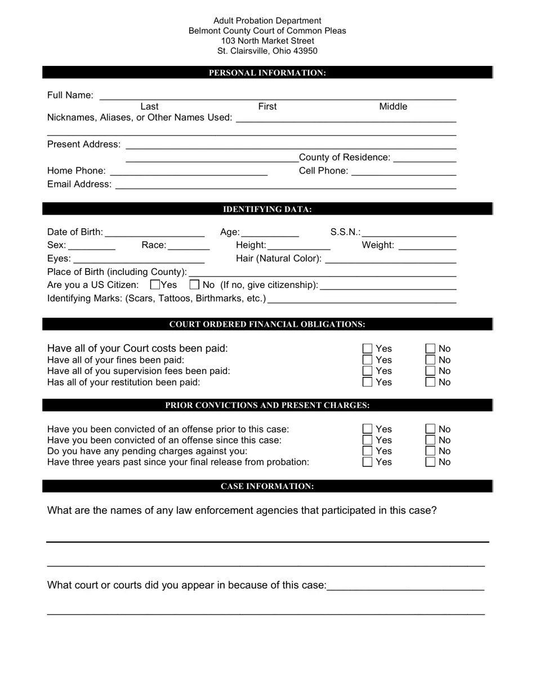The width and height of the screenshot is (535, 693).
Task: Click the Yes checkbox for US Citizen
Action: pyautogui.click(x=155, y=285)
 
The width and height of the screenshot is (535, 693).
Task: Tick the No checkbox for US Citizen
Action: pyautogui.click(x=195, y=285)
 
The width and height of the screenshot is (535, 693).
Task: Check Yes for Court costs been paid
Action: pyautogui.click(x=368, y=349)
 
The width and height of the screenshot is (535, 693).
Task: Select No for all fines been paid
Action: pyautogui.click(x=431, y=360)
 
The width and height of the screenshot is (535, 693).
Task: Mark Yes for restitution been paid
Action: pyautogui.click(x=368, y=383)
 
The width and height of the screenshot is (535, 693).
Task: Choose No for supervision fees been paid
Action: pyautogui.click(x=431, y=371)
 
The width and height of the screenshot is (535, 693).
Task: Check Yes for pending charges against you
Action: pyautogui.click(x=368, y=451)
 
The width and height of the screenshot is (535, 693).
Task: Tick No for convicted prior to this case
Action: pyautogui.click(x=431, y=429)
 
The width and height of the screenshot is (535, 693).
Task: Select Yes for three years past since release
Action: pyautogui.click(x=368, y=463)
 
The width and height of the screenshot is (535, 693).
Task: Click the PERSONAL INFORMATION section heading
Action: pyautogui.click(x=267, y=73)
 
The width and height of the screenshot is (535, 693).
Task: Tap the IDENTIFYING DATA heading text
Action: pyautogui.click(x=267, y=210)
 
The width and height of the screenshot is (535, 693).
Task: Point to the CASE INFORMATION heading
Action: pyautogui.click(x=267, y=486)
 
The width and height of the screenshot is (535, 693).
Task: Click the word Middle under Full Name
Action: pyautogui.click(x=393, y=106)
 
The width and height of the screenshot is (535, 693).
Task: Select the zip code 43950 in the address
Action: pyautogui.click(x=305, y=51)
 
